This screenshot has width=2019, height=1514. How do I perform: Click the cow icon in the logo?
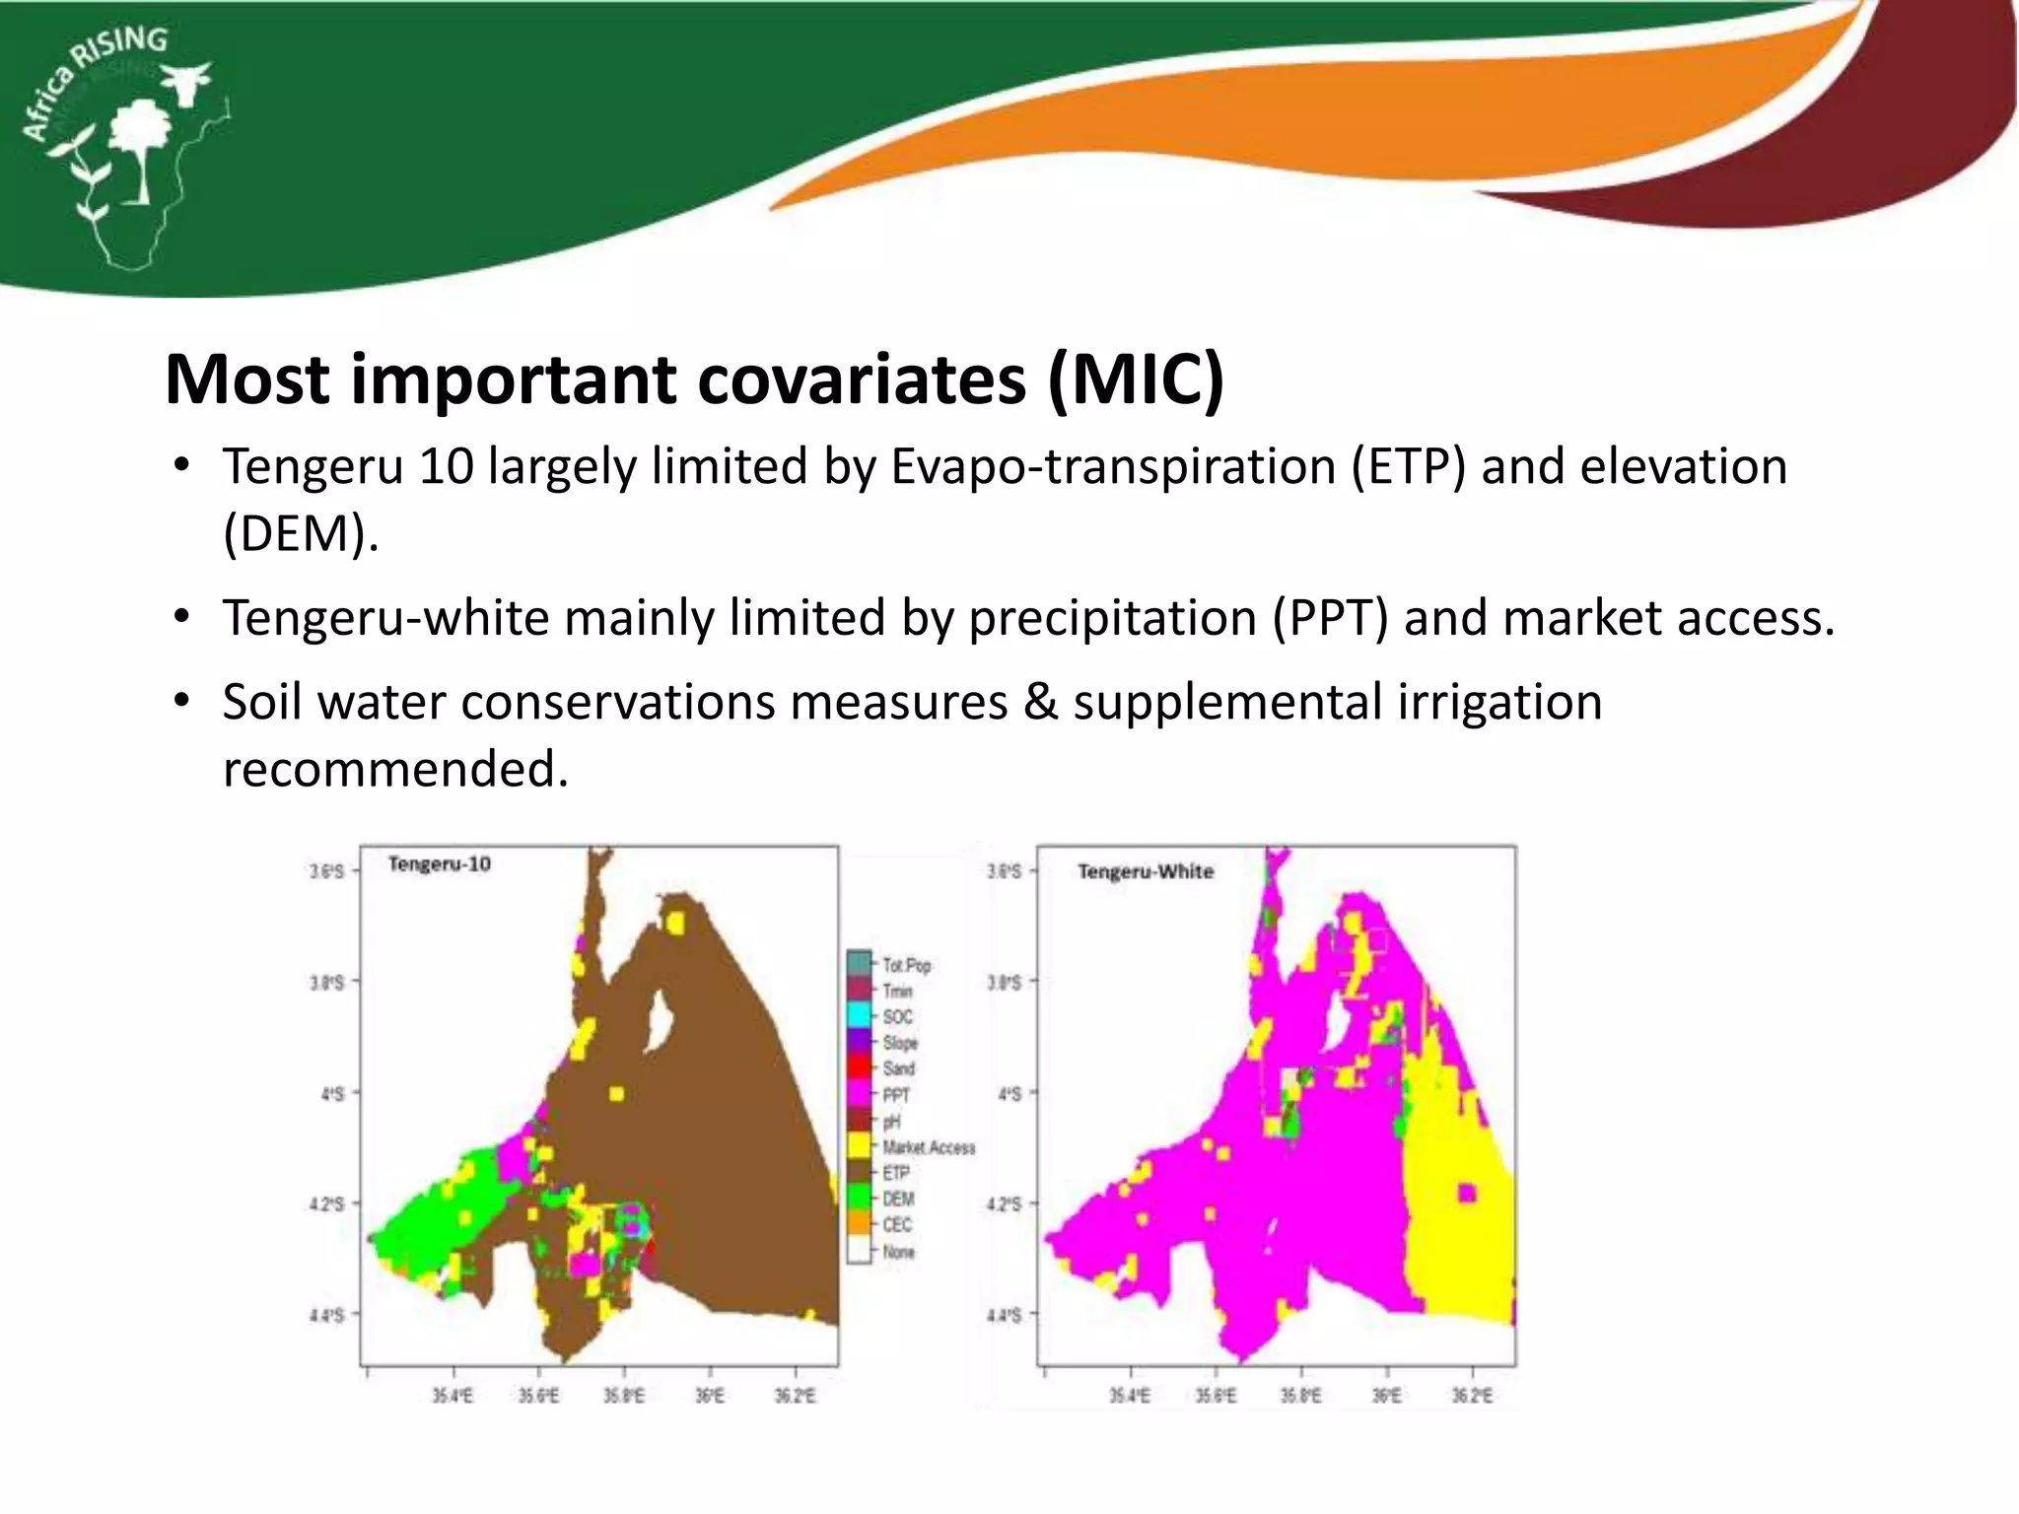point(187,81)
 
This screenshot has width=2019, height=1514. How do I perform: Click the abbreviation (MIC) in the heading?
point(1136,379)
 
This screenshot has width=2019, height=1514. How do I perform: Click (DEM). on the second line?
point(301,533)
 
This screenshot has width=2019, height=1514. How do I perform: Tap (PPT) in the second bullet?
point(1330,618)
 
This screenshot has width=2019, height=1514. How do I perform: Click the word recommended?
point(395,769)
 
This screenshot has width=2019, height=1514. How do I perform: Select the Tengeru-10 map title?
point(439,864)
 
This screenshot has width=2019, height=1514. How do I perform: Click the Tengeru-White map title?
point(1145,871)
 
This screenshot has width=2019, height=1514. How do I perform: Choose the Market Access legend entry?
point(928,1147)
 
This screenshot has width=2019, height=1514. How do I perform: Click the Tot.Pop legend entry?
point(906,965)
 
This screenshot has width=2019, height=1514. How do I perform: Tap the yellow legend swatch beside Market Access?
point(859,1145)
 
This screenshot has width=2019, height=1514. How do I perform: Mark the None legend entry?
point(898,1252)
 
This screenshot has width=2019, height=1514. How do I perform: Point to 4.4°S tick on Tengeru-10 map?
point(327,1315)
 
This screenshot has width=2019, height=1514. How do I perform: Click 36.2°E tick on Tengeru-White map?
point(1472,1396)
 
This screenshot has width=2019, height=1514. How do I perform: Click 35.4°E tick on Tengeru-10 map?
point(453,1396)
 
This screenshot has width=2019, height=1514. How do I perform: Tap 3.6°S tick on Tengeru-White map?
point(1005,871)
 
